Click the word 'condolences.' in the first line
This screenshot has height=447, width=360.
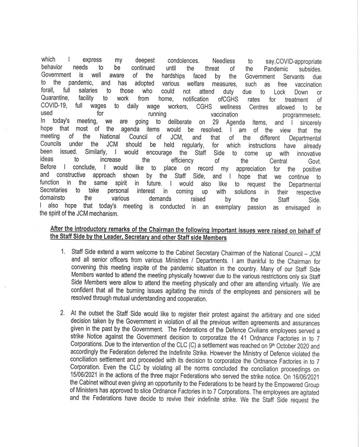[x=183, y=61]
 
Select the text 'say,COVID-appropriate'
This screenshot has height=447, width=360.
[x=294, y=62]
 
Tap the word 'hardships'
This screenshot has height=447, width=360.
[x=173, y=76]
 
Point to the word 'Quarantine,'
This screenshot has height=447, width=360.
[x=55, y=98]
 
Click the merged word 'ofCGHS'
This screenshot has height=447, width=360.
[x=228, y=99]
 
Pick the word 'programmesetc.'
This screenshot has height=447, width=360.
[x=302, y=115]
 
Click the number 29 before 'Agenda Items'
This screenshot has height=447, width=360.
[x=216, y=122]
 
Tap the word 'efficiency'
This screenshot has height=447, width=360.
[x=182, y=160]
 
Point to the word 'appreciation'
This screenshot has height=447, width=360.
[x=251, y=169]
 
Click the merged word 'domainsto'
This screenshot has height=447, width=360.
[x=53, y=198]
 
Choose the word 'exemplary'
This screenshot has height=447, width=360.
[x=228, y=207]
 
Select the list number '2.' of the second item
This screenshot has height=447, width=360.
[x=62, y=313]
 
